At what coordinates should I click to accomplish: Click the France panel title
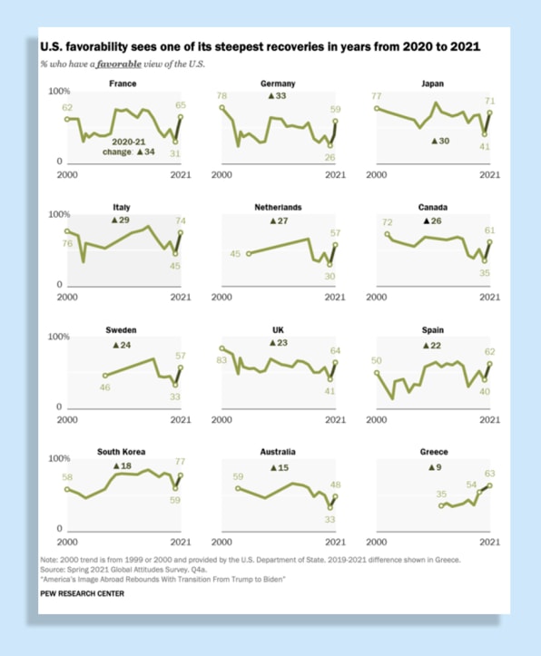point(123,83)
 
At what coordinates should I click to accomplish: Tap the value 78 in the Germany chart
point(221,96)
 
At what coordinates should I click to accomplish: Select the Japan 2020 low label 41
point(485,147)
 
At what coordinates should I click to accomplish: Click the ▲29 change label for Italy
point(121,220)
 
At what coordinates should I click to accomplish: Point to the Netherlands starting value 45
point(235,254)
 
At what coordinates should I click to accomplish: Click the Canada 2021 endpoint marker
point(490,242)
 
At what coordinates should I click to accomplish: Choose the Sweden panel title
point(121,330)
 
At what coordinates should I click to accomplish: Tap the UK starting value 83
point(221,360)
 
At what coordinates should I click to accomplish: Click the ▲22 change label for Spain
point(432,346)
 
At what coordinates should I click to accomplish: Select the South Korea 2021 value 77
point(180,462)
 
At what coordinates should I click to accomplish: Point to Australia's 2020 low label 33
point(330,520)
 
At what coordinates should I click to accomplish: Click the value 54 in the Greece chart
point(471,485)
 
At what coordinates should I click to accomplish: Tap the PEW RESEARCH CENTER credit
point(82,593)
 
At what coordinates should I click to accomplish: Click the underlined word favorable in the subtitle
point(118,64)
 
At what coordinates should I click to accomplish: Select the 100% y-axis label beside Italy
point(59,215)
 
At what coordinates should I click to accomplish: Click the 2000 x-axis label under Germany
point(221,175)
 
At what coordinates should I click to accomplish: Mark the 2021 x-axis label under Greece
point(489,543)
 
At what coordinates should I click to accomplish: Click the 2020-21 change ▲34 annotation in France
point(129,147)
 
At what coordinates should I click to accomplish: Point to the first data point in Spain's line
point(377,373)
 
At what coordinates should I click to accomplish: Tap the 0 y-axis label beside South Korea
point(59,529)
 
